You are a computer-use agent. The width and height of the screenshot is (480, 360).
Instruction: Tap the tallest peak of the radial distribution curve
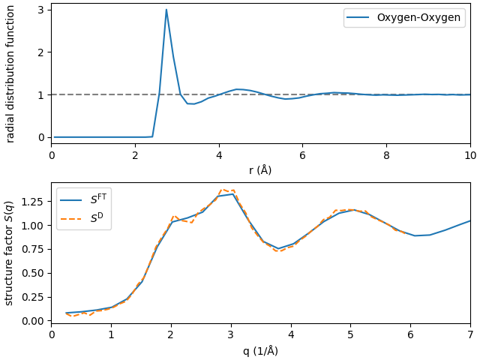[166, 10]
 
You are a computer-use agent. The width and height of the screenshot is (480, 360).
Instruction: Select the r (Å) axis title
[260, 170]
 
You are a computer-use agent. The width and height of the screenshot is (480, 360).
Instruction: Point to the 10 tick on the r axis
[470, 155]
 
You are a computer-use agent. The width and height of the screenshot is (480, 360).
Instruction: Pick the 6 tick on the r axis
[302, 155]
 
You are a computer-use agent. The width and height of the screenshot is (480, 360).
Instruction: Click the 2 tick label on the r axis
[135, 155]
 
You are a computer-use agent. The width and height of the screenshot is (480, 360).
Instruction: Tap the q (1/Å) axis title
[260, 351]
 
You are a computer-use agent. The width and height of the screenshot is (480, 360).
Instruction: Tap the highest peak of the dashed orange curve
[223, 189]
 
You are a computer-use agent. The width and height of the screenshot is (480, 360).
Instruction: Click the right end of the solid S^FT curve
[470, 220]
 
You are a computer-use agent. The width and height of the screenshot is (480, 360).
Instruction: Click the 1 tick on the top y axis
[41, 94]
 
